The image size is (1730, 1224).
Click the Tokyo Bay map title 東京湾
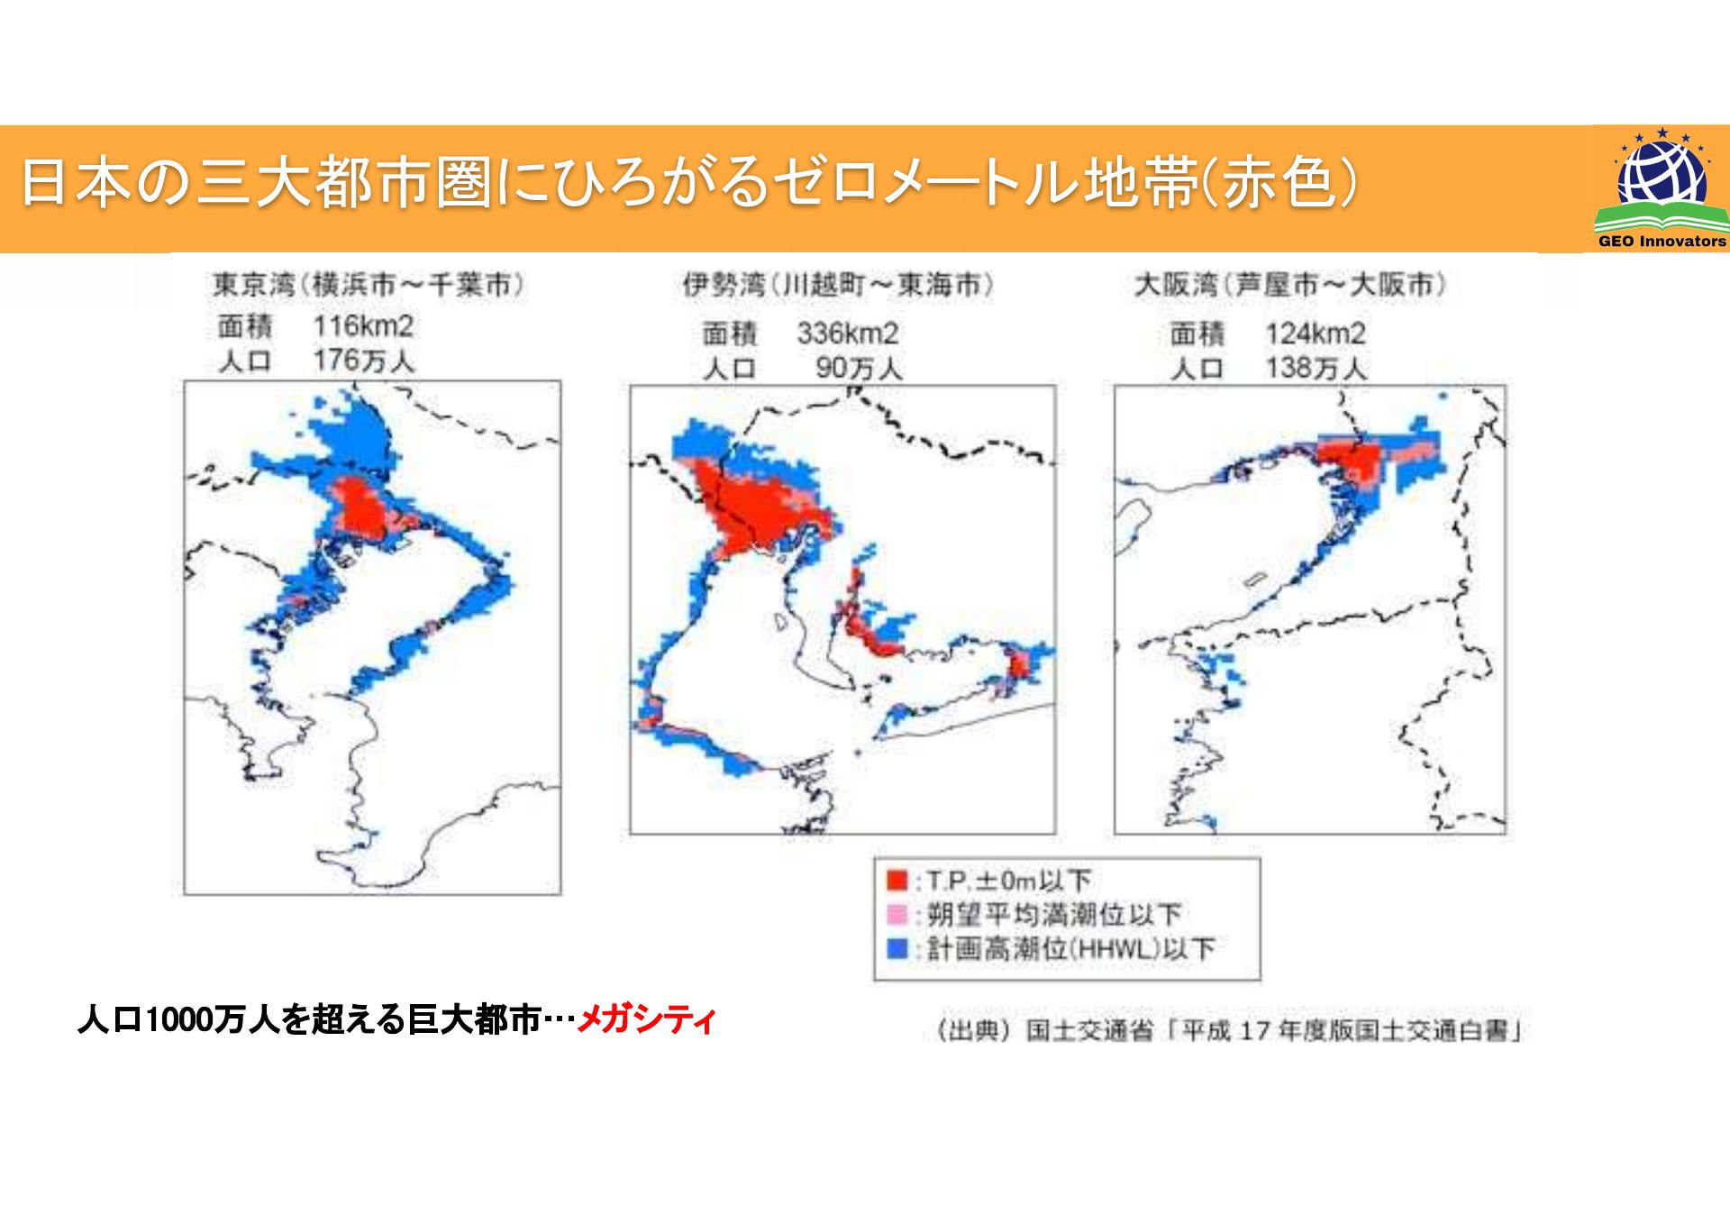click(x=255, y=285)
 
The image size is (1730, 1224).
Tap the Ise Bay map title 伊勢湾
click(x=724, y=285)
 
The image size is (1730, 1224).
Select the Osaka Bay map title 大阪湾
click(x=1176, y=285)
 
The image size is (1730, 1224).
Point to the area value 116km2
click(x=363, y=325)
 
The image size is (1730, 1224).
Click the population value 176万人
click(x=364, y=361)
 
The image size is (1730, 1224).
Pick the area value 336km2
click(x=848, y=333)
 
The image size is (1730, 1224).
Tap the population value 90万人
click(x=859, y=368)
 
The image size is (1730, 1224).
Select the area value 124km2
click(x=1316, y=333)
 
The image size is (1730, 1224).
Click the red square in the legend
click(x=897, y=880)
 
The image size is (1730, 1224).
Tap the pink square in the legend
click(x=897, y=915)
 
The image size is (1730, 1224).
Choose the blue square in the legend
click(x=897, y=948)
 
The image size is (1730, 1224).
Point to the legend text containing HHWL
click(x=1071, y=948)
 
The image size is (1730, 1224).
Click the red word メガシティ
click(x=646, y=1019)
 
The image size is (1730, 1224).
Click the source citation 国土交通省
click(x=1089, y=1030)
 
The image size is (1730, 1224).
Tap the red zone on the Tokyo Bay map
click(x=360, y=510)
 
